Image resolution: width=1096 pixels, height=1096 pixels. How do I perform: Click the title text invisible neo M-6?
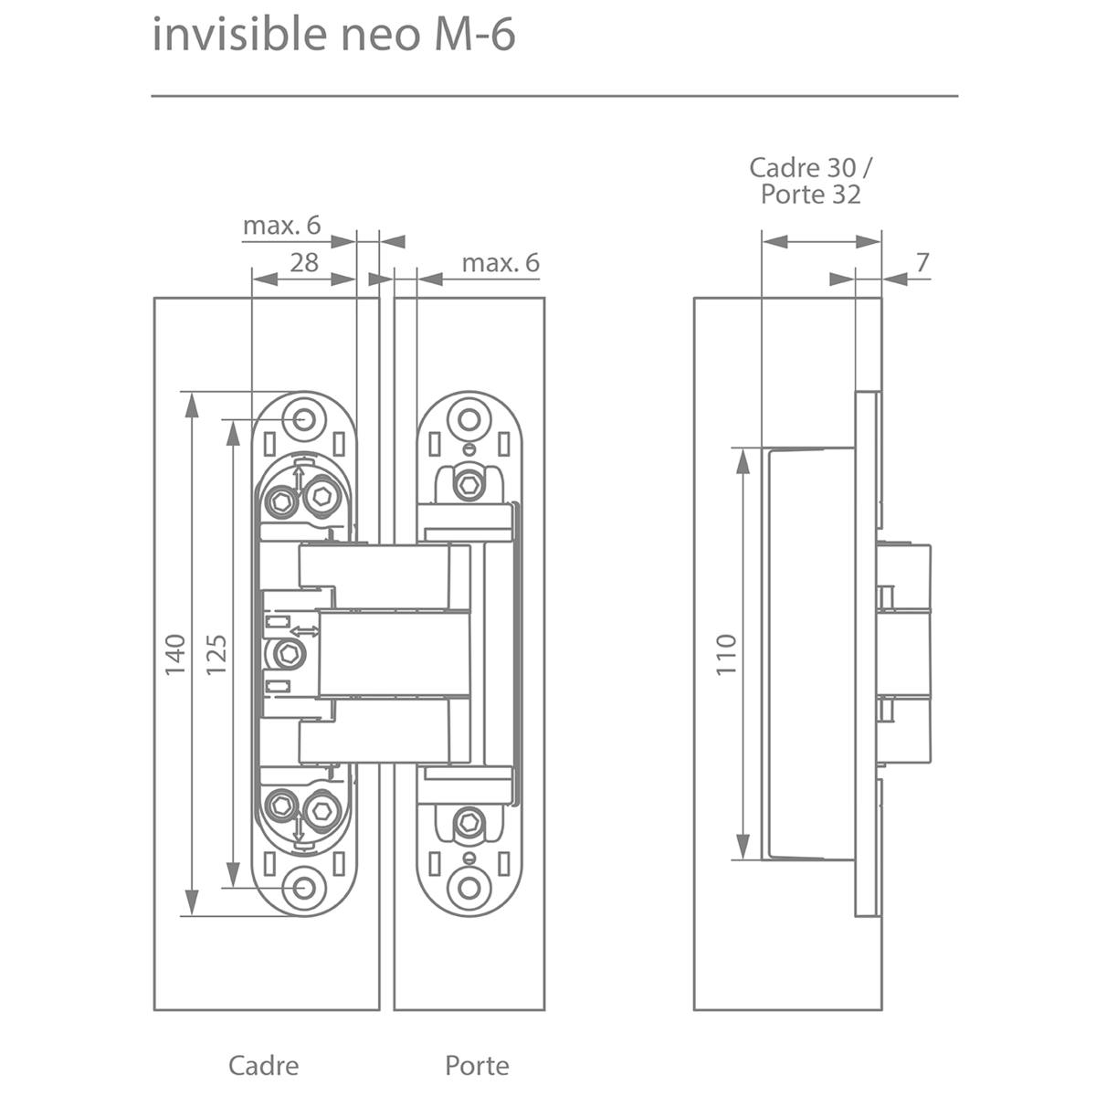(333, 36)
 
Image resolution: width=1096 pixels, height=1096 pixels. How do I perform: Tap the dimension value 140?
(175, 654)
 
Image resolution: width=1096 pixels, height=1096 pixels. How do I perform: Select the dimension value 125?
(217, 654)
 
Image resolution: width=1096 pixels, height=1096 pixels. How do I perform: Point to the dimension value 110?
(726, 654)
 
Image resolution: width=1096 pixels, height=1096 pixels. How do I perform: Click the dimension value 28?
(304, 262)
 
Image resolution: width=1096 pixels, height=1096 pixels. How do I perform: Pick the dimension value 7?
(922, 262)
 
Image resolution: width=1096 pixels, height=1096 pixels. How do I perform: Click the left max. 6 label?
(281, 226)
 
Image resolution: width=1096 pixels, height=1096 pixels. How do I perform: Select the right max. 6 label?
(501, 263)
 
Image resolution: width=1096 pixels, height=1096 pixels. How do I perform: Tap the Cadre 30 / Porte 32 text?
(811, 181)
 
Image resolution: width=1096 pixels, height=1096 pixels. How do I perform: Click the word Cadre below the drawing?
(263, 1065)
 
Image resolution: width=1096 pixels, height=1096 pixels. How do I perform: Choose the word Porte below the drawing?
(477, 1065)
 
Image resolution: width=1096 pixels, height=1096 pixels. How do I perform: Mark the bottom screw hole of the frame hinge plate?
(303, 887)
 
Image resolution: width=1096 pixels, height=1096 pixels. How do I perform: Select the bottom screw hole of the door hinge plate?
(469, 887)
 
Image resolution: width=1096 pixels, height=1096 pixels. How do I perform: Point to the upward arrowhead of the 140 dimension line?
(191, 402)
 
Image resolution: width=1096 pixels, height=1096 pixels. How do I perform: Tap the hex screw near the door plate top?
(469, 484)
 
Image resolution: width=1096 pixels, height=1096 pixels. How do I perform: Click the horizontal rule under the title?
(554, 95)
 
